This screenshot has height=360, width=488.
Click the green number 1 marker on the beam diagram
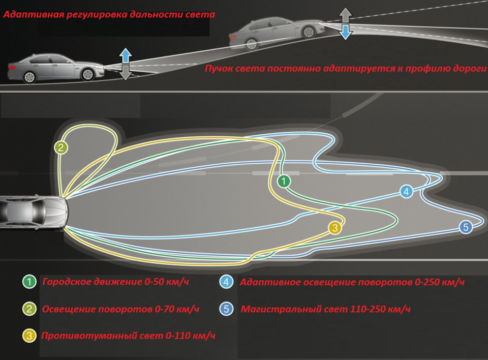[284, 181]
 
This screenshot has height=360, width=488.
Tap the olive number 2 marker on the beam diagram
[61, 148]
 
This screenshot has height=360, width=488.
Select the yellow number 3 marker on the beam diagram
[334, 228]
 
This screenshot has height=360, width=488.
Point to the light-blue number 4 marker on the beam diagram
[406, 192]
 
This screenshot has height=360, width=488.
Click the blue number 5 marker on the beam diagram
[466, 227]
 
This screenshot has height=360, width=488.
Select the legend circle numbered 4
[227, 282]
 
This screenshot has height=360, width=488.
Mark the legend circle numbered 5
[227, 309]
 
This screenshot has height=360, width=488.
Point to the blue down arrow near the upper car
[346, 33]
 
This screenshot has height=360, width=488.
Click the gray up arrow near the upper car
[346, 15]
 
